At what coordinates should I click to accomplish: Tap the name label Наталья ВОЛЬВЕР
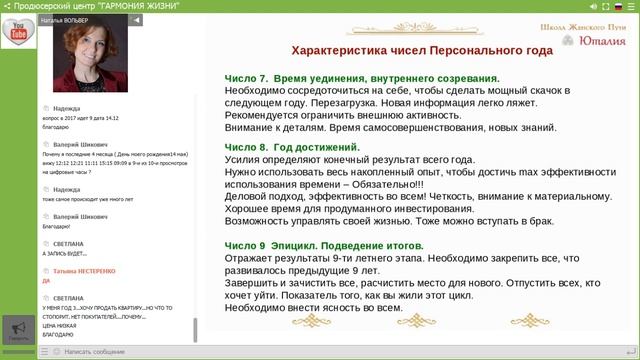[70, 19]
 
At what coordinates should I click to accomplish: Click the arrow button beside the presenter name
[137, 19]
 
